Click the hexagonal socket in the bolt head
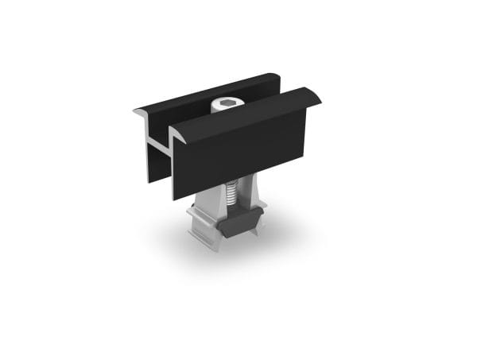point(226,104)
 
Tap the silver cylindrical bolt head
point(226,109)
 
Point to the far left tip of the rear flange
point(134,112)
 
